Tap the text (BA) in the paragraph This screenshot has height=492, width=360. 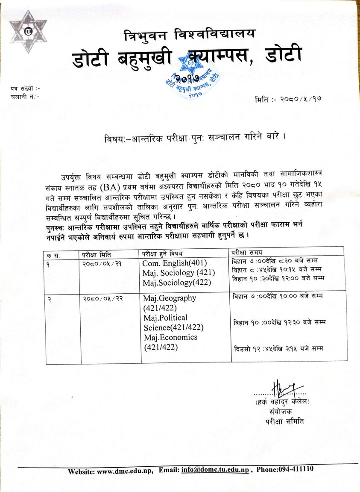(113, 187)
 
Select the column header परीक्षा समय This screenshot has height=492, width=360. (247, 251)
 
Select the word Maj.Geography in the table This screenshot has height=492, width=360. (170, 298)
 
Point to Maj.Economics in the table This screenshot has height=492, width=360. (170, 337)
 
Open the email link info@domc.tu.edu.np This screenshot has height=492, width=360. (216, 470)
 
